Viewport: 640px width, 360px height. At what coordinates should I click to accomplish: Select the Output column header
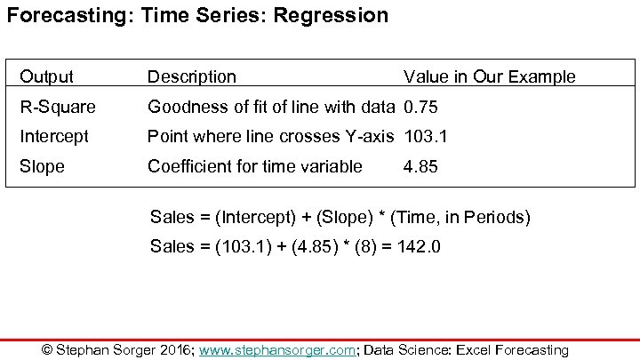46,77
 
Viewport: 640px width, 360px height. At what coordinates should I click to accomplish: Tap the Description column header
192,77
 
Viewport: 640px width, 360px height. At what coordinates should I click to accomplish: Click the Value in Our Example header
489,77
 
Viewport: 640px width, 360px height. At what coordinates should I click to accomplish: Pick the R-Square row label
58,108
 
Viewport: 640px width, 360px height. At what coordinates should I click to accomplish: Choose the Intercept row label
54,137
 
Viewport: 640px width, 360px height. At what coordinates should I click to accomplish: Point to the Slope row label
42,166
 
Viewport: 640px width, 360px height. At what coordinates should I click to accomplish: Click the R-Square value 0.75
420,108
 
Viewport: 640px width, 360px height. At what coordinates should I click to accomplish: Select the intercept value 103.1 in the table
425,137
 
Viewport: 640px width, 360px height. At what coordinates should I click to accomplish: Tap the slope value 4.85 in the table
420,166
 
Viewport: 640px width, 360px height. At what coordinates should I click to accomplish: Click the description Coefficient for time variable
255,166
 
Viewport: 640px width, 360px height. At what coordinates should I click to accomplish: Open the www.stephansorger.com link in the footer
277,349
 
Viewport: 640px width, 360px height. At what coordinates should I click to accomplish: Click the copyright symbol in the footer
48,349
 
